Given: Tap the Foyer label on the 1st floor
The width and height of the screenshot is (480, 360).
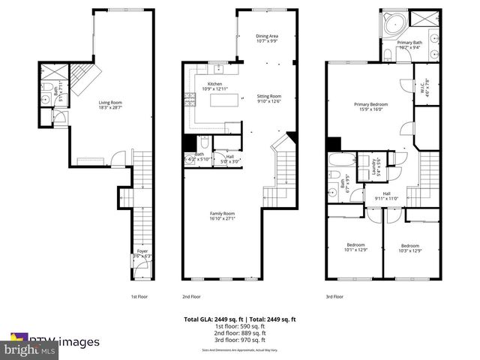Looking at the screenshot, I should pyautogui.click(x=142, y=253).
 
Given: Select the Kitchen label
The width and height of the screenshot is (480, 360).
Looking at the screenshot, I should pyautogui.click(x=214, y=85).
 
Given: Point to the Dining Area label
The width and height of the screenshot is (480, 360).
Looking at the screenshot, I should pyautogui.click(x=268, y=37).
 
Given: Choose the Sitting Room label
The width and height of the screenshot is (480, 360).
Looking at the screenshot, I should pyautogui.click(x=268, y=97).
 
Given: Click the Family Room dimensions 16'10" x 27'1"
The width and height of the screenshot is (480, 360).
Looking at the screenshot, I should pyautogui.click(x=222, y=219).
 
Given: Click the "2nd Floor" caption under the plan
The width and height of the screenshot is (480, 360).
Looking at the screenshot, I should pyautogui.click(x=192, y=295).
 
